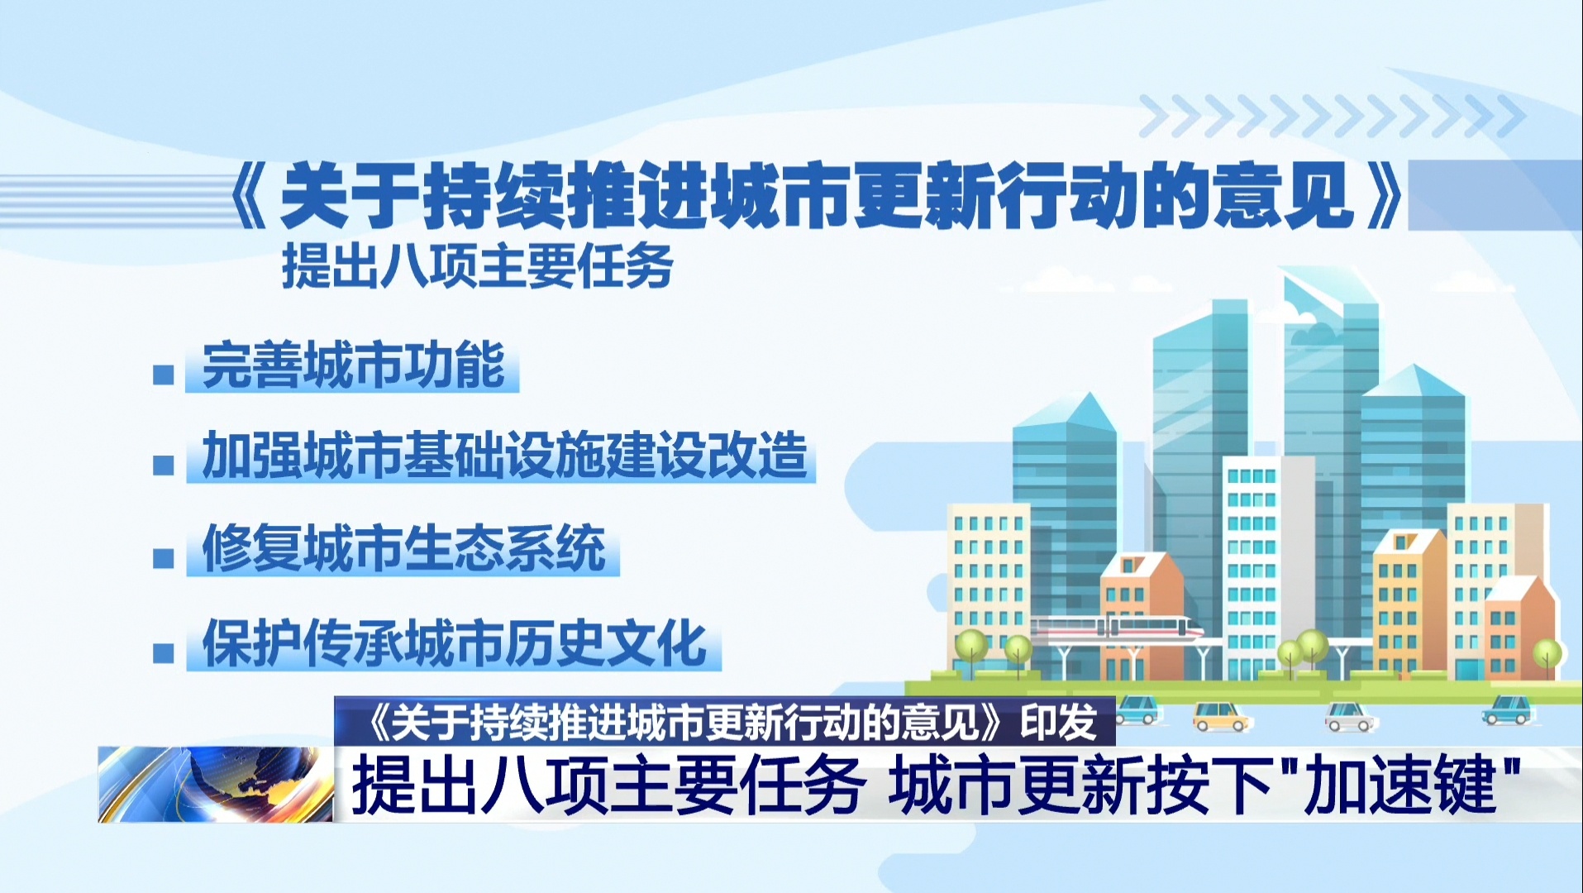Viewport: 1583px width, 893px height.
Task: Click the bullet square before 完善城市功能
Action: tap(164, 375)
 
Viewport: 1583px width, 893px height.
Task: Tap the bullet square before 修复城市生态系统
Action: tap(164, 558)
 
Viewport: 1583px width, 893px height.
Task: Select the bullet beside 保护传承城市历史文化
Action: tap(164, 653)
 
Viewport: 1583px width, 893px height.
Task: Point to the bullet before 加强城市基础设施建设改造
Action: tap(164, 465)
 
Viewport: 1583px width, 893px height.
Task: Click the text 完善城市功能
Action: tap(353, 365)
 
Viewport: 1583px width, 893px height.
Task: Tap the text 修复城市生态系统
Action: tap(404, 548)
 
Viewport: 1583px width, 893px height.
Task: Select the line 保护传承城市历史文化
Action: tap(455, 642)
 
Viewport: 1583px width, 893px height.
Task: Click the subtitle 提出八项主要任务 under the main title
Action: tap(478, 265)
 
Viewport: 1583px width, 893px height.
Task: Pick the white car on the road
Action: tap(1351, 716)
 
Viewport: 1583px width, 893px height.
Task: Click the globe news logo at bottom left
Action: tap(216, 785)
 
